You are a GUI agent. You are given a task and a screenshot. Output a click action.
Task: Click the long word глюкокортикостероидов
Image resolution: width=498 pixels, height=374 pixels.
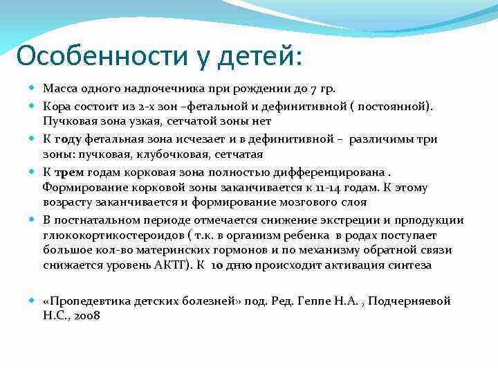point(110,235)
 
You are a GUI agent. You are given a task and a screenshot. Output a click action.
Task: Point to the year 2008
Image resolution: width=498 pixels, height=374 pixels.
point(86,315)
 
